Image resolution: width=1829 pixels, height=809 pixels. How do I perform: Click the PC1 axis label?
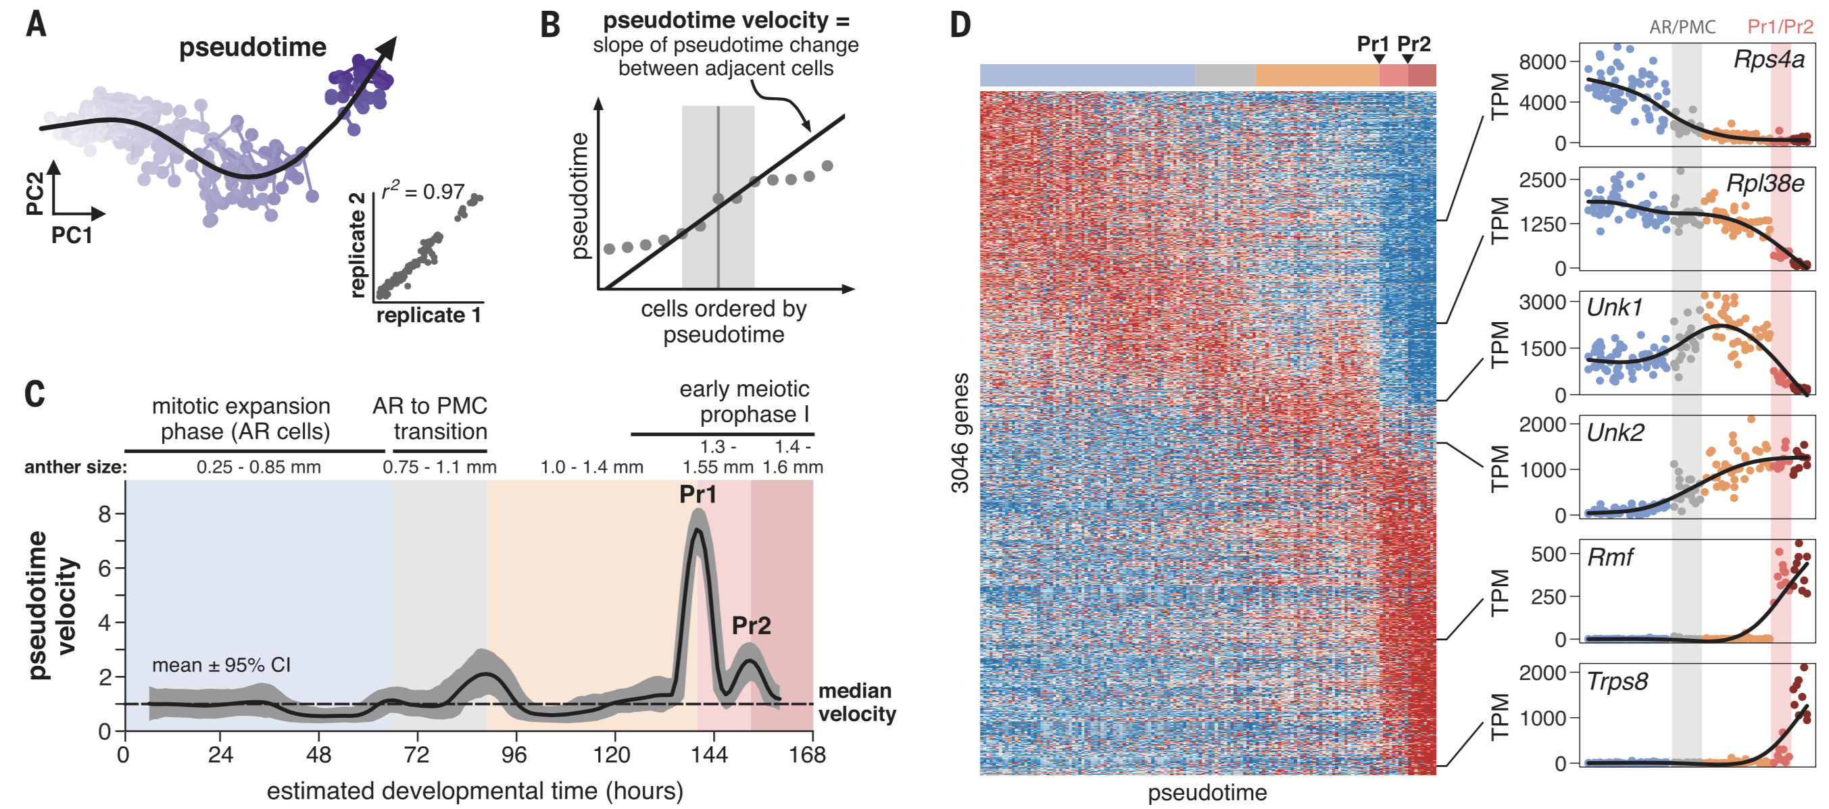point(72,235)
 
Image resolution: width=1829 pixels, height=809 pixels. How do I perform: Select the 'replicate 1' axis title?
point(428,315)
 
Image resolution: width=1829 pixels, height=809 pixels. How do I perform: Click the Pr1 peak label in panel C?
point(698,494)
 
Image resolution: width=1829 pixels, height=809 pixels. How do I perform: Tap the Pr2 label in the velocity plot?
point(751,625)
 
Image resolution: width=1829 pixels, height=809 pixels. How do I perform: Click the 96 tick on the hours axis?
point(514,754)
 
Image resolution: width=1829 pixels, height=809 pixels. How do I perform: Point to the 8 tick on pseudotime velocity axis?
point(105,514)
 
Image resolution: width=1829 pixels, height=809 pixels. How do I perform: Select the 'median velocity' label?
point(856,702)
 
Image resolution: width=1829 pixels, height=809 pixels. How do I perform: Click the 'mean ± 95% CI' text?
point(221,665)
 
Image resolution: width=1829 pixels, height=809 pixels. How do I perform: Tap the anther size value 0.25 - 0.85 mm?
point(258,467)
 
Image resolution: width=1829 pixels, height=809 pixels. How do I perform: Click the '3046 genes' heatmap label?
point(960,433)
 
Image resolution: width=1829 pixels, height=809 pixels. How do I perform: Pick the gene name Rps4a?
point(1768,59)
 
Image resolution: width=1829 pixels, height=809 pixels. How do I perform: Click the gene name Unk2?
point(1615,432)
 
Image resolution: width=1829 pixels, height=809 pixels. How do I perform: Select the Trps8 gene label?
point(1617,681)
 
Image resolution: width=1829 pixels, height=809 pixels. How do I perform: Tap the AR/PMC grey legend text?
point(1682,27)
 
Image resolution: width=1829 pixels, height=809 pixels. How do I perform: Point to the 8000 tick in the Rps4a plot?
point(1542,62)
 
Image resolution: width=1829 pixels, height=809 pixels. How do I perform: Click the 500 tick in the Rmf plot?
point(1548,554)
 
